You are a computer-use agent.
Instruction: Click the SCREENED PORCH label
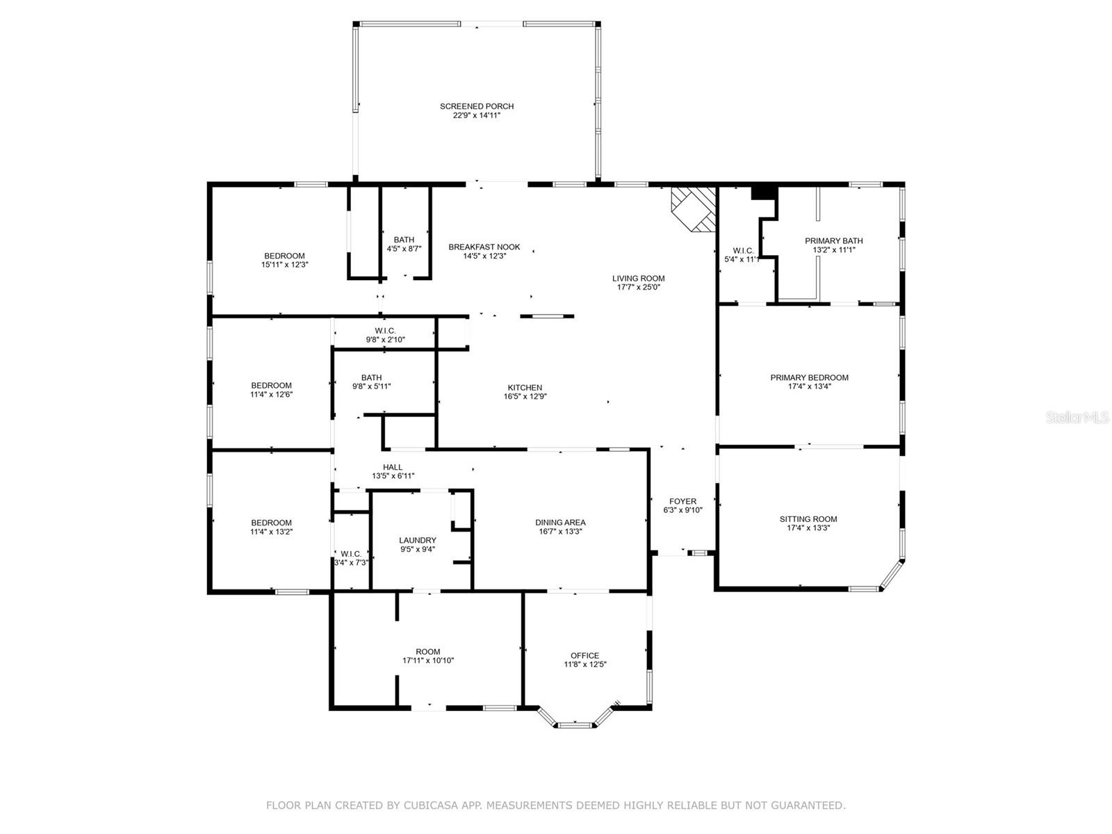(476, 106)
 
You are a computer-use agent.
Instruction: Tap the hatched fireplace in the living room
(694, 210)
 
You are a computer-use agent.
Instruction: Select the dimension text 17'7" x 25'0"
(638, 287)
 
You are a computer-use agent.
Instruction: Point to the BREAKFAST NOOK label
(484, 247)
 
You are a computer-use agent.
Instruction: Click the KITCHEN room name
(525, 387)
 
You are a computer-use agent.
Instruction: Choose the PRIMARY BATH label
(833, 241)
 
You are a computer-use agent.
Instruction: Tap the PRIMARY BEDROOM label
(809, 378)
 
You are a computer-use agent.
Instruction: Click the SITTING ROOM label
(808, 519)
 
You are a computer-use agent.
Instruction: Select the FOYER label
(682, 501)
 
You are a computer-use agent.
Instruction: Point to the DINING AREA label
(559, 523)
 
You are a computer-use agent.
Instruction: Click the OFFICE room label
(584, 656)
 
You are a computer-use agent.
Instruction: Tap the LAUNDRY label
(417, 540)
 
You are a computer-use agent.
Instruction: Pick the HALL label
(393, 467)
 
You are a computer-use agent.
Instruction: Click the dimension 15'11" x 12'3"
(284, 264)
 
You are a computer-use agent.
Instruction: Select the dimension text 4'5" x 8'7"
(404, 249)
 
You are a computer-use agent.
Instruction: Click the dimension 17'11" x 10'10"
(428, 660)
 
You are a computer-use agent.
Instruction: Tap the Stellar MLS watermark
(1077, 417)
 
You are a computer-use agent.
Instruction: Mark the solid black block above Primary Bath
(764, 193)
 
